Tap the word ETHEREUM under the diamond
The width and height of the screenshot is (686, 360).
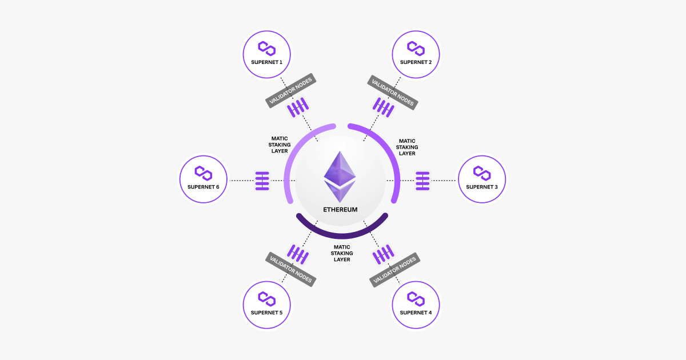pyautogui.click(x=340, y=210)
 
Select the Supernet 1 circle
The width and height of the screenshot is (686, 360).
pyautogui.click(x=266, y=54)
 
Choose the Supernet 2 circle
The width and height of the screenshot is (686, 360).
pyautogui.click(x=416, y=54)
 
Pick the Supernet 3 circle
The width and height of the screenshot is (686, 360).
pyautogui.click(x=482, y=179)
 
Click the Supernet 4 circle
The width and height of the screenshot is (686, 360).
pyautogui.click(x=416, y=305)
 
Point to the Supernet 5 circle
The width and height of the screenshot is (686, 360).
pyautogui.click(x=266, y=305)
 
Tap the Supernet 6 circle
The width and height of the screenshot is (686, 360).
pyautogui.click(x=203, y=179)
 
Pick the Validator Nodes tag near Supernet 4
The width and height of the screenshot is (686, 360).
pyautogui.click(x=394, y=270)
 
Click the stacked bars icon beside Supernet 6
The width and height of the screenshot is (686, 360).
pyautogui.click(x=262, y=181)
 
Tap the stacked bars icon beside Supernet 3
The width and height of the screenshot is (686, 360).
pyautogui.click(x=422, y=181)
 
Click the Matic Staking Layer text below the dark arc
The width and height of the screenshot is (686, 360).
pyautogui.click(x=342, y=253)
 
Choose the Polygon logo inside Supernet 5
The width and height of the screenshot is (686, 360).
pyautogui.click(x=266, y=298)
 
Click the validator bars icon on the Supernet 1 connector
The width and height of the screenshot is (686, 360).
pyautogui.click(x=297, y=107)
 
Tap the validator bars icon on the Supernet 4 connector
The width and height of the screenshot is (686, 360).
pyautogui.click(x=384, y=254)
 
